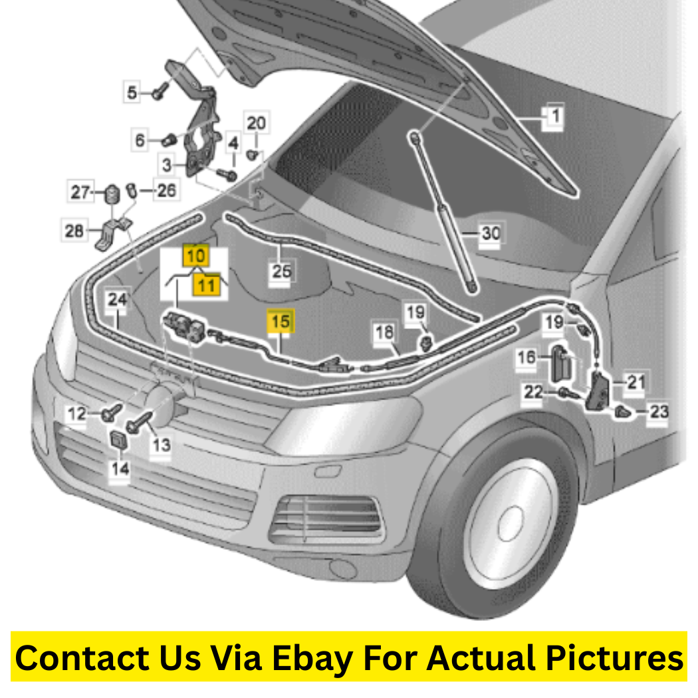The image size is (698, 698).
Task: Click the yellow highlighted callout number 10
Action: coord(196,255)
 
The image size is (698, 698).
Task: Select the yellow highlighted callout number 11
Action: coord(207,285)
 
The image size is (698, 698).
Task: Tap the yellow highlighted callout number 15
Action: coord(281,321)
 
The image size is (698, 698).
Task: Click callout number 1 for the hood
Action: coord(554,116)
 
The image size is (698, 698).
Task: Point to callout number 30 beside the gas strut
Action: coord(491,233)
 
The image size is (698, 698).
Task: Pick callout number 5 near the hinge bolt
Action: coord(132,92)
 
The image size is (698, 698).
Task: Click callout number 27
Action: coord(80,192)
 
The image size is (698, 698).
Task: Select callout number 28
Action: coord(74,231)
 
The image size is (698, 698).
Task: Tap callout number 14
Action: coord(120,468)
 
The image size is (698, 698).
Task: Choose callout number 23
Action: coord(659,411)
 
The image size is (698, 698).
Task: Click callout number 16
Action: coord(526,357)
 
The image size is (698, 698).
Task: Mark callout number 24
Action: coord(117,299)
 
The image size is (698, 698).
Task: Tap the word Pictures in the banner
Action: coord(614,658)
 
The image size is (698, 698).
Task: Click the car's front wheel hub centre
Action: coord(510,524)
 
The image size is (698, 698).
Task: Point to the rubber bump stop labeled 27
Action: coord(112,194)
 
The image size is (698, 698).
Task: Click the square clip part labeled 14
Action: coord(118,440)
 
